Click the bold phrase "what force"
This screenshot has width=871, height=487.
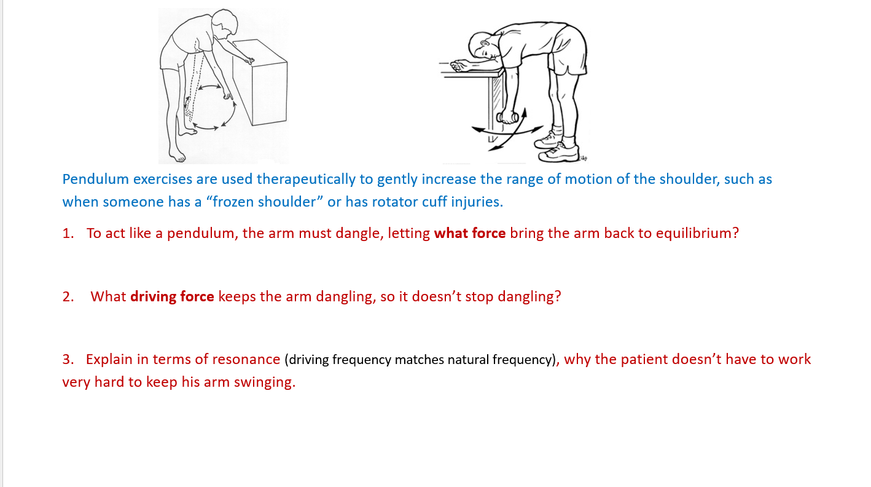469,234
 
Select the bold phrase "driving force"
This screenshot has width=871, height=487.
172,296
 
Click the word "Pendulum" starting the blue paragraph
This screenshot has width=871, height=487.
96,180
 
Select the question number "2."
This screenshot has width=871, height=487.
68,296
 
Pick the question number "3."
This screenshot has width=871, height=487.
68,359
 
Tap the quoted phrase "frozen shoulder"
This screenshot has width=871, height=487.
268,202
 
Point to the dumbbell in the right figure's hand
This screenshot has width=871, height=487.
507,117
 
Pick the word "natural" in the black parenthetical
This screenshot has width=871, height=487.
468,360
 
